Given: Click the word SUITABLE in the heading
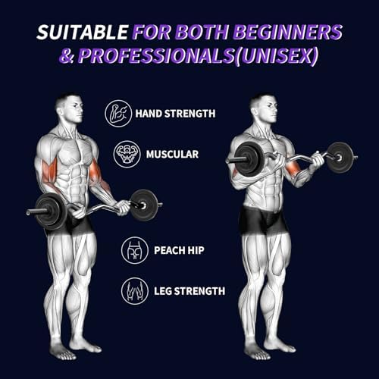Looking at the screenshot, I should [83, 33].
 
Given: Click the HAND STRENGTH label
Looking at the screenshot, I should [175, 114].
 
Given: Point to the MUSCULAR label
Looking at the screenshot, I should [167, 154].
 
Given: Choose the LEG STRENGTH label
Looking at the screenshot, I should [179, 290].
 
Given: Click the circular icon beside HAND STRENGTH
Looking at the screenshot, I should [117, 114].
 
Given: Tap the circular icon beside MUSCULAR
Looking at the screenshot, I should [127, 154].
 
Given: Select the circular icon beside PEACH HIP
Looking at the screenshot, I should [135, 250].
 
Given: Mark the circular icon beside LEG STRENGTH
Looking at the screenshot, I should [135, 290].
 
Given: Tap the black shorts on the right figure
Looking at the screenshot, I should [262, 221].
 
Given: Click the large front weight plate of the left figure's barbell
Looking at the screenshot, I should [51, 210].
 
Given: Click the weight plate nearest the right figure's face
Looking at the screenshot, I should [249, 158].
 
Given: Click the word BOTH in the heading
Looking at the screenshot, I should [197, 33].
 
